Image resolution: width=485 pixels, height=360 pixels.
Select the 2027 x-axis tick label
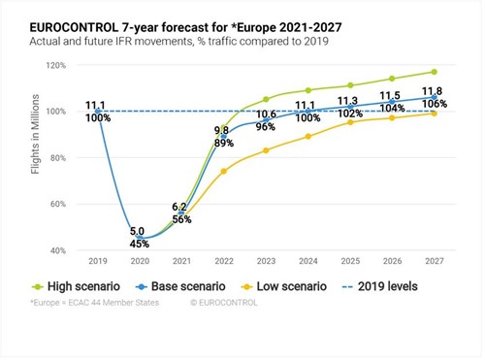[x=434, y=261]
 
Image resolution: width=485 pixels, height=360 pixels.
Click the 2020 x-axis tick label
[x=139, y=261]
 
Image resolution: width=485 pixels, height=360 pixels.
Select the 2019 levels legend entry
[x=397, y=286]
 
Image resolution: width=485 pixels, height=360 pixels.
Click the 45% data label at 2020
[x=139, y=244]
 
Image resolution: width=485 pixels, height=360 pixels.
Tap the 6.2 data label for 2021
[x=180, y=208]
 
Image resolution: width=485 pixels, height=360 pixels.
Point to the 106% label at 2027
[x=434, y=104]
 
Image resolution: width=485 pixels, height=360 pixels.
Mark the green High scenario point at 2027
[x=434, y=72]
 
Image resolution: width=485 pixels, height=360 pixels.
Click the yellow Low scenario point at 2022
[x=223, y=171]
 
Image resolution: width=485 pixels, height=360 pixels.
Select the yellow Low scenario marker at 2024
[x=307, y=136]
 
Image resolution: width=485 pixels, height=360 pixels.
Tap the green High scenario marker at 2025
[x=349, y=85]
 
